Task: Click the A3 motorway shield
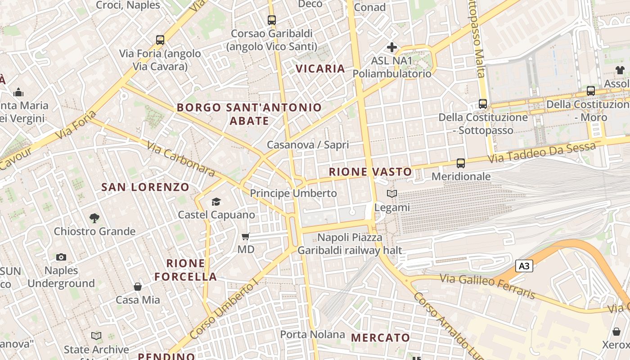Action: click(524, 266)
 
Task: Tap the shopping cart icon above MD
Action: click(246, 236)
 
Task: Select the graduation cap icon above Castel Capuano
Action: click(216, 202)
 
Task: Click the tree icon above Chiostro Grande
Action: click(94, 218)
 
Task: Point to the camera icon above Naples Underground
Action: click(61, 257)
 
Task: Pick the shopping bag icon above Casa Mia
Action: click(138, 287)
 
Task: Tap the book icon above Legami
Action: click(392, 194)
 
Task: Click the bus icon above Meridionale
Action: click(460, 163)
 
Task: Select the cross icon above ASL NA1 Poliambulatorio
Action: click(392, 47)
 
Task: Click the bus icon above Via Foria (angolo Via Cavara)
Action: click(160, 40)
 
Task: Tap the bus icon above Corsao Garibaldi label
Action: click(271, 20)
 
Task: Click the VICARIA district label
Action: click(320, 68)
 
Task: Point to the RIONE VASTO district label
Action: click(370, 171)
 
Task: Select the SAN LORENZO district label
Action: click(145, 187)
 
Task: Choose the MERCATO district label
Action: click(380, 337)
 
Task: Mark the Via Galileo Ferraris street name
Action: click(488, 286)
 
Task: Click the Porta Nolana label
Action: click(312, 334)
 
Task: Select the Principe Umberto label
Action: click(293, 193)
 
